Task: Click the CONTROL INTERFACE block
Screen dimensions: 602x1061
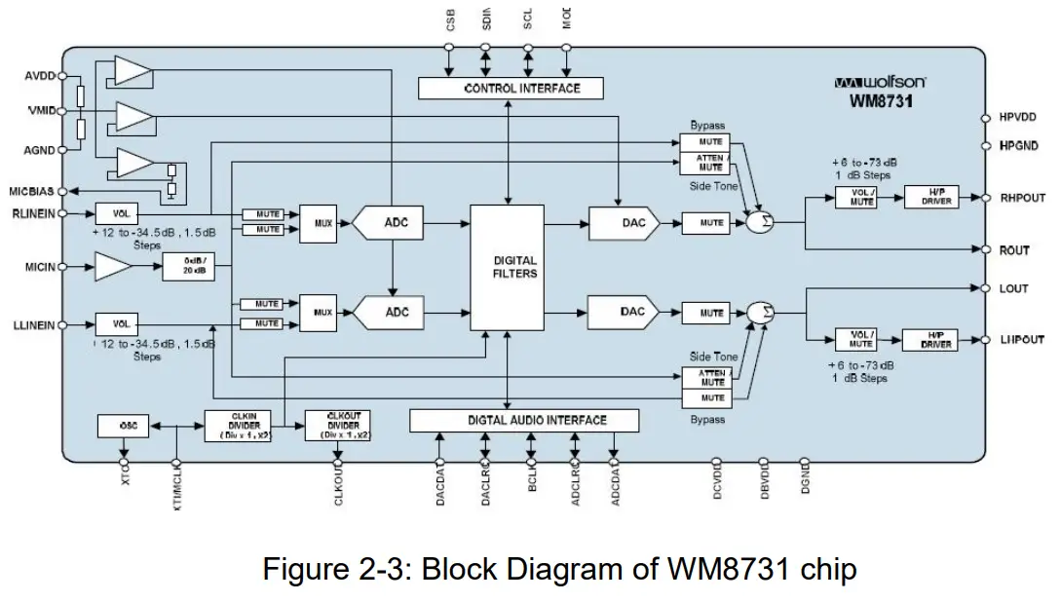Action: tap(511, 89)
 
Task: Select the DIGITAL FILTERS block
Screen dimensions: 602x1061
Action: tap(507, 267)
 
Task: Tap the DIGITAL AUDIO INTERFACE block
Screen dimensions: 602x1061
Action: tap(524, 420)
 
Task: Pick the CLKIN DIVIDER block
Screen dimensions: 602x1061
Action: tap(237, 426)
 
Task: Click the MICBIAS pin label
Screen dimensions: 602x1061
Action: tap(31, 192)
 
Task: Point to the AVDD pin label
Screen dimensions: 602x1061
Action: tap(40, 75)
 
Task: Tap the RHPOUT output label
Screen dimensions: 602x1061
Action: tap(1022, 198)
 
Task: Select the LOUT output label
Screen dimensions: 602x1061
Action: tap(1013, 289)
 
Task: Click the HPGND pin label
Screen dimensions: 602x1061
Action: tap(1019, 145)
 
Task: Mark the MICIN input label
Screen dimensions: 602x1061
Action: tap(40, 266)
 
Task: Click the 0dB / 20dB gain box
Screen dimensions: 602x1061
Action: tap(187, 266)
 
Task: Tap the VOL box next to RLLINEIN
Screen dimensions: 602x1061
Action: tap(121, 213)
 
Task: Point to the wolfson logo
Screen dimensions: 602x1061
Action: tap(880, 83)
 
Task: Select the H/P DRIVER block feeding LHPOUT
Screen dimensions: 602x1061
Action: tap(935, 340)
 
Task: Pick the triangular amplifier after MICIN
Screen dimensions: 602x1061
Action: tap(114, 266)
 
